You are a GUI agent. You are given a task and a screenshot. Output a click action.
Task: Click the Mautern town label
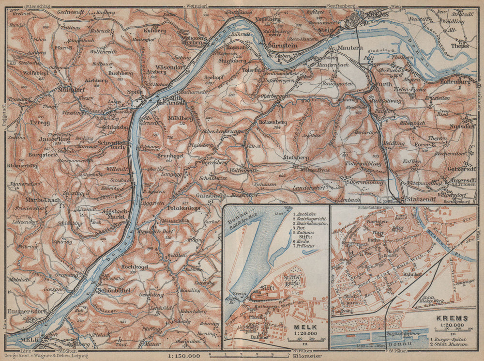coord(346,48)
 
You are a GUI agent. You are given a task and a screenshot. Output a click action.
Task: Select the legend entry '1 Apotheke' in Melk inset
coord(305,212)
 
